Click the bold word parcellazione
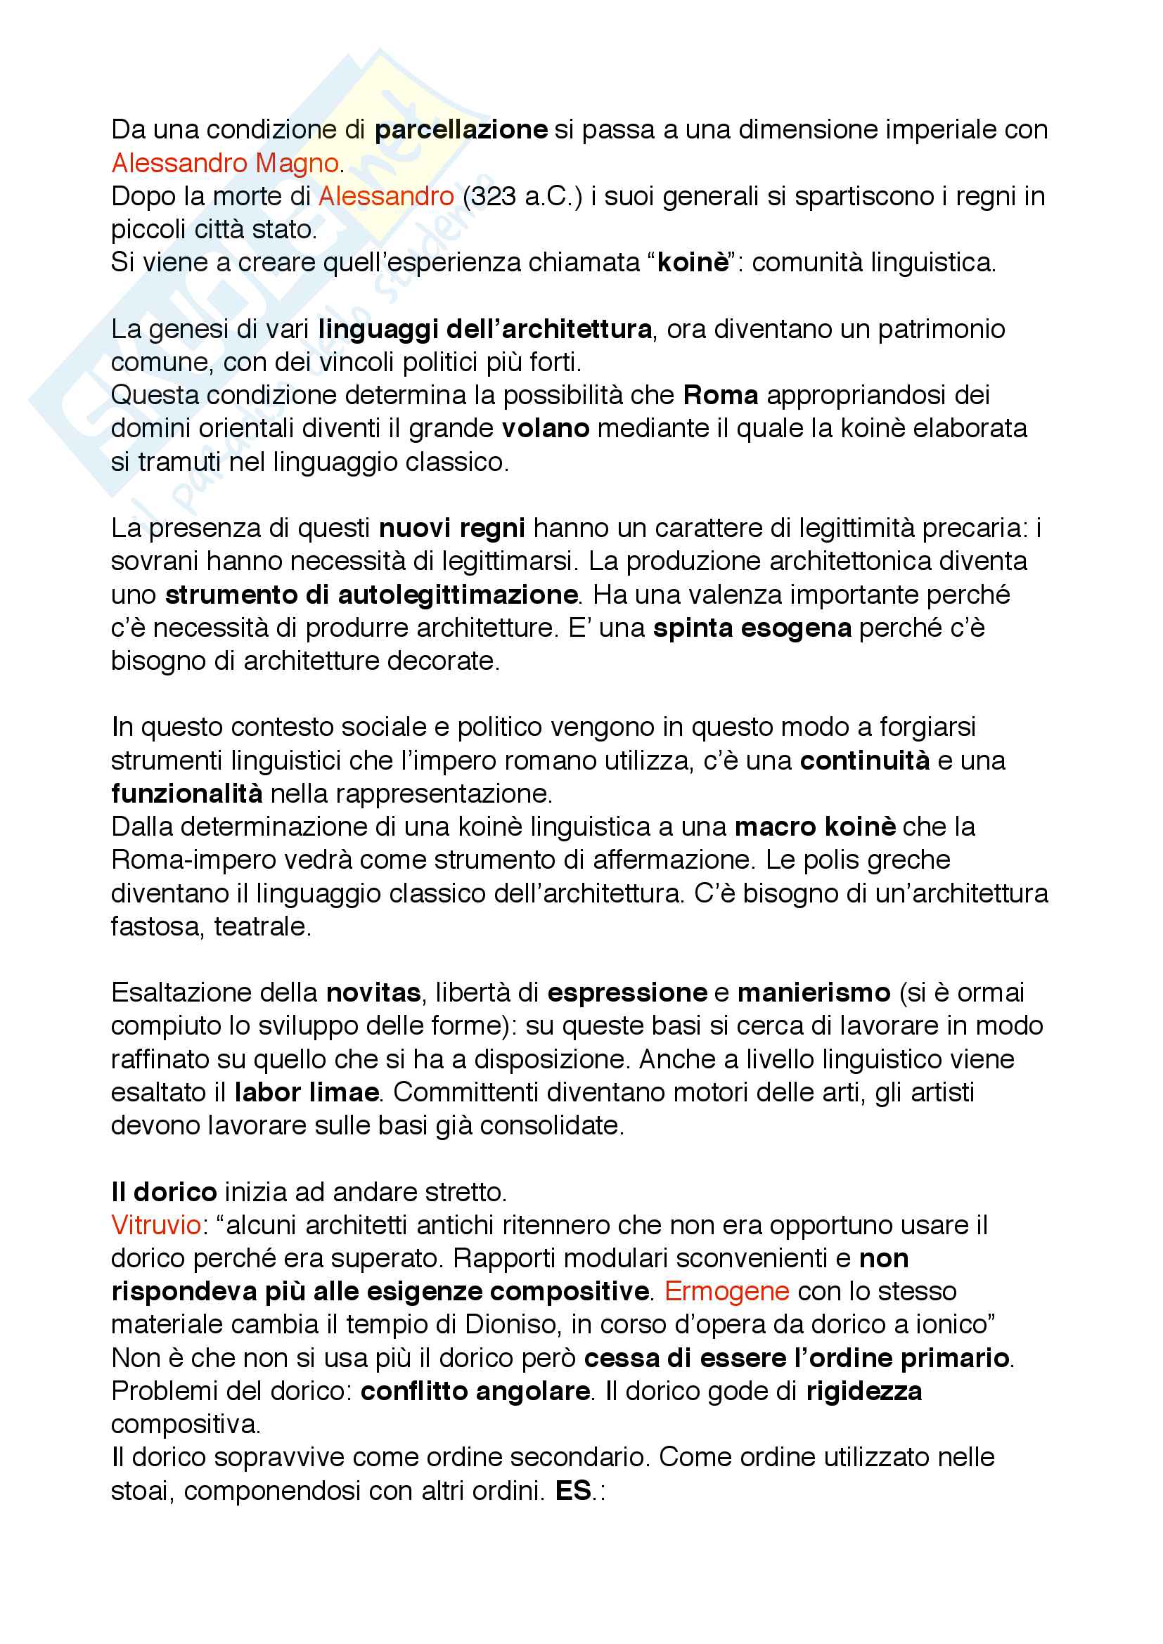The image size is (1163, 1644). pyautogui.click(x=461, y=129)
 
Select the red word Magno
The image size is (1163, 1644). pyautogui.click(x=297, y=163)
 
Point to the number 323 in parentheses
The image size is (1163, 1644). pyautogui.click(x=493, y=196)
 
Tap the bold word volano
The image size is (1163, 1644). pyautogui.click(x=545, y=428)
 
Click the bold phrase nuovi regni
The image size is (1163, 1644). pyautogui.click(x=452, y=528)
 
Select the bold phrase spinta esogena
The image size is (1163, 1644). pyautogui.click(x=752, y=628)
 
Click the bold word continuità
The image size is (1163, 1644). pyautogui.click(x=864, y=760)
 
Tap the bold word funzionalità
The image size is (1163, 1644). pyautogui.click(x=187, y=794)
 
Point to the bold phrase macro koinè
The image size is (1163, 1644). pyautogui.click(x=815, y=827)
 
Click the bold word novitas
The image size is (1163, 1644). pyautogui.click(x=373, y=992)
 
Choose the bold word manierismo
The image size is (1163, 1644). pyautogui.click(x=814, y=992)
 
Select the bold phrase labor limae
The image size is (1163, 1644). pyautogui.click(x=307, y=1092)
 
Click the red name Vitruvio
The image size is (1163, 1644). pyautogui.click(x=156, y=1225)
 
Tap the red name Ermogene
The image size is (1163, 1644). pyautogui.click(x=727, y=1291)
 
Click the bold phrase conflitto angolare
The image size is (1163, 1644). pyautogui.click(x=475, y=1390)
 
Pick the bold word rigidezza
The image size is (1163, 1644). pyautogui.click(x=863, y=1390)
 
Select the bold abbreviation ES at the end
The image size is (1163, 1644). pyautogui.click(x=573, y=1490)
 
